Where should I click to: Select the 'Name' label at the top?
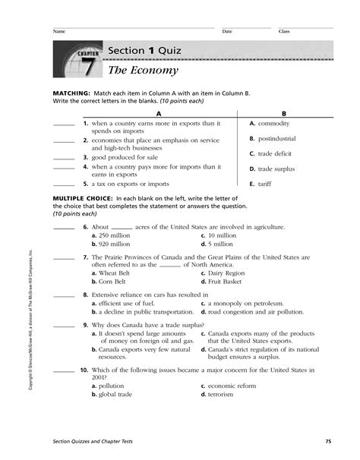[58, 32]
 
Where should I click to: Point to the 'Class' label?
[284, 32]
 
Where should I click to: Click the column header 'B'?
[291, 112]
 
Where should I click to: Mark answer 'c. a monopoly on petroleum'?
[244, 304]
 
